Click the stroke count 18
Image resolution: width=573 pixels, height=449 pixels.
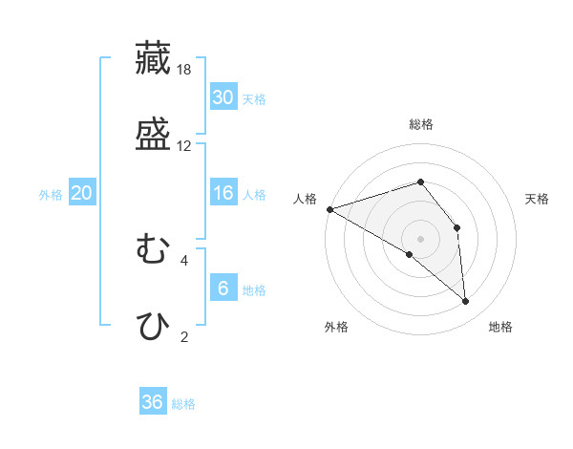[x=185, y=70]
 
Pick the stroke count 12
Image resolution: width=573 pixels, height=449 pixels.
[x=185, y=146]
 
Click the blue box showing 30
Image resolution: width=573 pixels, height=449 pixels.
[x=223, y=97]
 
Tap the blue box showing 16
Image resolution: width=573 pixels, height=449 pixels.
[x=223, y=193]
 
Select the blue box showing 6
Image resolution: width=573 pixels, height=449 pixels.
[x=223, y=289]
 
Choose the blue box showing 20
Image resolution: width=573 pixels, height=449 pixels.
[x=81, y=193]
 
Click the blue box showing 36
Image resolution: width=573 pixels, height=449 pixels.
[x=152, y=402]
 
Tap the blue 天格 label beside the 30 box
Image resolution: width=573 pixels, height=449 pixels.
[x=254, y=99]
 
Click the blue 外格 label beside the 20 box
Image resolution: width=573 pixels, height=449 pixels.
[x=51, y=195]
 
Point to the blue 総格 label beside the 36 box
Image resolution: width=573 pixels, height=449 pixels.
[x=183, y=404]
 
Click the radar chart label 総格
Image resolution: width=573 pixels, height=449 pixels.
[x=421, y=124]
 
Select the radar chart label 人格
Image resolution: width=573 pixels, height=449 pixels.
[x=306, y=199]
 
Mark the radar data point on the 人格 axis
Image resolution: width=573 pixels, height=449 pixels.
[x=329, y=208]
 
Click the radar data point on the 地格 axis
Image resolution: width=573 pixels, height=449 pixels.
[x=466, y=302]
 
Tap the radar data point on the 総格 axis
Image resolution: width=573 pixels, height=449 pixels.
[x=421, y=182]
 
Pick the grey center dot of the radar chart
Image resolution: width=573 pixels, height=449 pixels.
[x=421, y=239]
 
